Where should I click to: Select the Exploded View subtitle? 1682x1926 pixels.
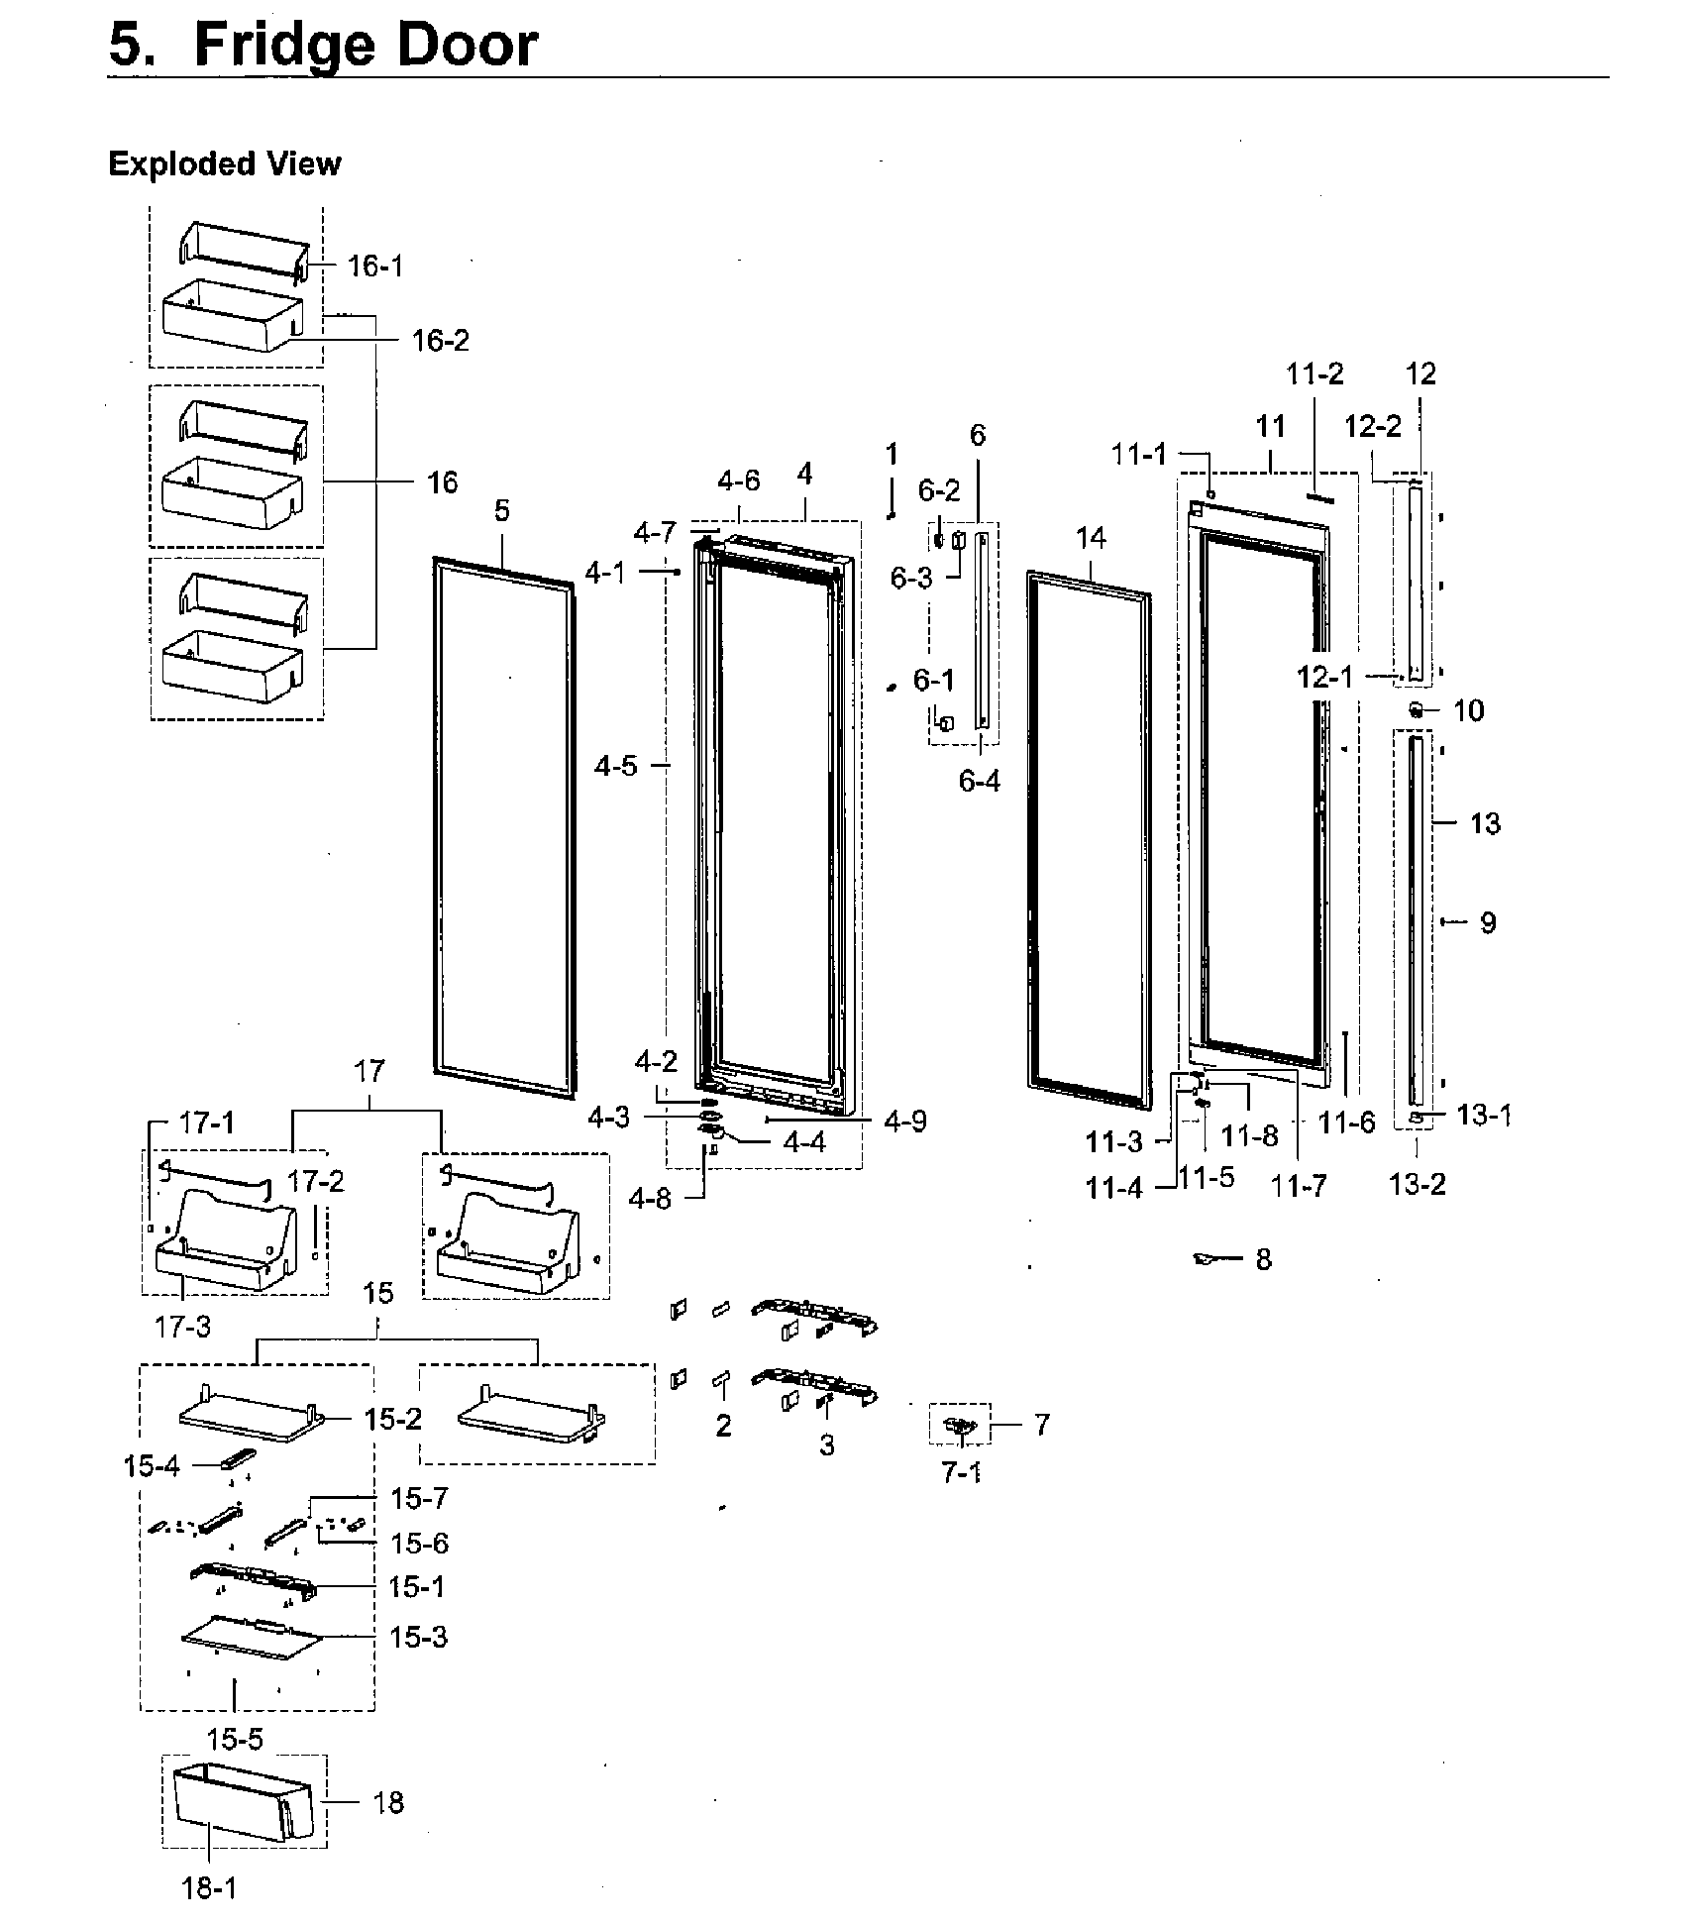(x=224, y=163)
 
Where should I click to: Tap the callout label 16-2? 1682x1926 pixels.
(x=440, y=340)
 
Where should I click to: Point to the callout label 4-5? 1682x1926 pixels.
(x=615, y=765)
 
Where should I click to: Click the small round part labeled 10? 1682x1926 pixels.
(x=1417, y=709)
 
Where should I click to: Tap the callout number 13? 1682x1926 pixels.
(x=1484, y=822)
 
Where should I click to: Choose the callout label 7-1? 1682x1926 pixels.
(x=961, y=1472)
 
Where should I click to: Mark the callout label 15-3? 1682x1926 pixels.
(x=418, y=1637)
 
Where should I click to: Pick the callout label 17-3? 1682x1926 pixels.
(x=183, y=1326)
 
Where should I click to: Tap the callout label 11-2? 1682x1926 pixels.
(x=1314, y=374)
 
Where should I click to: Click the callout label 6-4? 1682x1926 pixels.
(x=979, y=781)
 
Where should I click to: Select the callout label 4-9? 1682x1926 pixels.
(x=904, y=1121)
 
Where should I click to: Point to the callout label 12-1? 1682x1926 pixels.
(x=1324, y=677)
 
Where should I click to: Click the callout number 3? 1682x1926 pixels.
(x=827, y=1445)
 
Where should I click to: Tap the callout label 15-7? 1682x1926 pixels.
(x=419, y=1498)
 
